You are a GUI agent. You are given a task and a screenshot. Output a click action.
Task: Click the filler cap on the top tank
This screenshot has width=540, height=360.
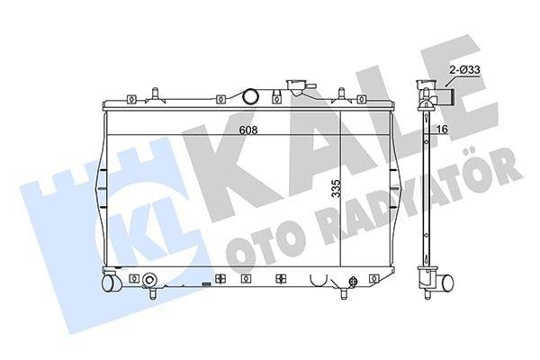point(295,88)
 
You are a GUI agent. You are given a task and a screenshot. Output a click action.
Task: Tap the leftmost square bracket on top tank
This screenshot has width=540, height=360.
point(131,98)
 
